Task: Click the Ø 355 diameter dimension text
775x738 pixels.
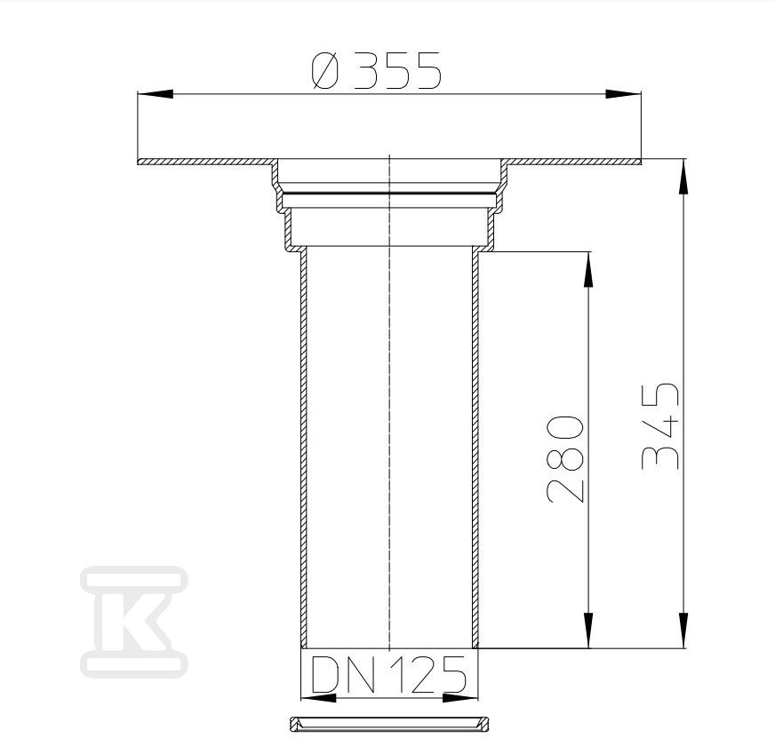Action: (x=376, y=71)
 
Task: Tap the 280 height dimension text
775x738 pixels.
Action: (x=565, y=459)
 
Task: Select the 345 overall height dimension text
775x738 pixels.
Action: (x=659, y=425)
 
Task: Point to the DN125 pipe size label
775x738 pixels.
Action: (x=389, y=674)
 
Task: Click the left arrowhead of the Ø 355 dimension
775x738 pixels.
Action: (x=156, y=94)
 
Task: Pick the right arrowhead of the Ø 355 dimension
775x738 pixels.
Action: (x=624, y=94)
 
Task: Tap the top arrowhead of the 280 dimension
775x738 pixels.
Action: (x=588, y=269)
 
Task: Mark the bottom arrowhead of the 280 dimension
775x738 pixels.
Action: (x=588, y=631)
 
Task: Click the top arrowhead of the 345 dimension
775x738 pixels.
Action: (x=683, y=177)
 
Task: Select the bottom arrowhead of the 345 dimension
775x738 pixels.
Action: (x=683, y=631)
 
